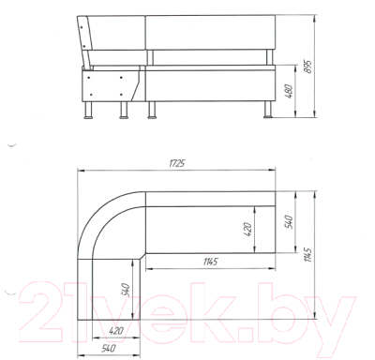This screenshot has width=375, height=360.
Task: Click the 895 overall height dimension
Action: point(308,67)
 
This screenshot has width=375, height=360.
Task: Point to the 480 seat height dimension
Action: point(290,91)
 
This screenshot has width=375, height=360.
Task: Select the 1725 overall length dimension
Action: point(177,163)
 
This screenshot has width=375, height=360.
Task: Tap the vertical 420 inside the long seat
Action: point(247,229)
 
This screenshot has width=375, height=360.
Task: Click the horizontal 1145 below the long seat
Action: point(210,262)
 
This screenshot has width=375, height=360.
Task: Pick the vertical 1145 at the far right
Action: point(307,255)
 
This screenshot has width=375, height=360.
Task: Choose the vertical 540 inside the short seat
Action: point(125,291)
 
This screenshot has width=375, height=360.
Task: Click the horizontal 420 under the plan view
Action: point(116,330)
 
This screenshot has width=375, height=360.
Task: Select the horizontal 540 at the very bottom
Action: point(108,348)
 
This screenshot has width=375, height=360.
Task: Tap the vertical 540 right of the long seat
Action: point(290,221)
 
